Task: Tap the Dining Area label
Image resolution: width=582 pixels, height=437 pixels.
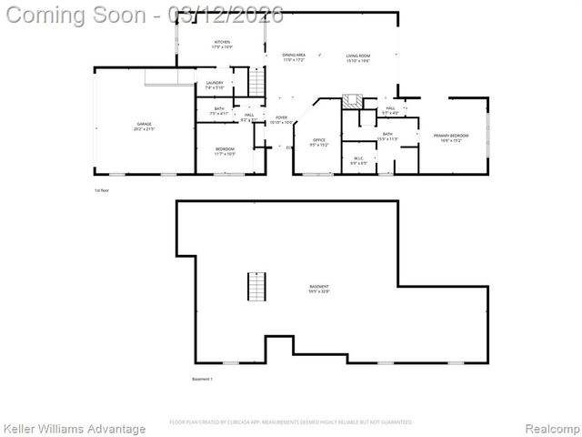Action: click(294, 56)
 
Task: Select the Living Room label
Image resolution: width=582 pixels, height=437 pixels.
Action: click(357, 56)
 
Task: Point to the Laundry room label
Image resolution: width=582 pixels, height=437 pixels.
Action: click(215, 85)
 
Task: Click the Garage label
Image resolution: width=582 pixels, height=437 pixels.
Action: click(145, 125)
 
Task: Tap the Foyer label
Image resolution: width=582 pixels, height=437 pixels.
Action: click(282, 118)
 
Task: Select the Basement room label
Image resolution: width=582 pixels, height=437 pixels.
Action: click(318, 289)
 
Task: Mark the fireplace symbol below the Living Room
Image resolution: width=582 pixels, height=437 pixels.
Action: click(352, 100)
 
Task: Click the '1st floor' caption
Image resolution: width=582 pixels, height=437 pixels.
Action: click(102, 190)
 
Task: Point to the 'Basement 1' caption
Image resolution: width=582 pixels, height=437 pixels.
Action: click(202, 379)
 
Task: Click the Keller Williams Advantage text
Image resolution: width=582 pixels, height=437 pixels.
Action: click(75, 428)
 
